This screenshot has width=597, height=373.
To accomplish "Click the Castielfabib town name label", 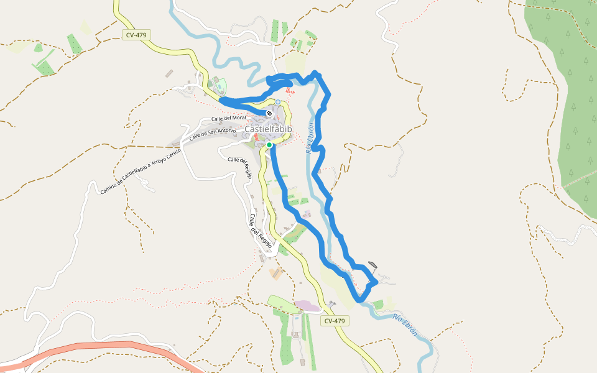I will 268,129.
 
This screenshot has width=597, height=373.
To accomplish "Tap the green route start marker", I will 269,145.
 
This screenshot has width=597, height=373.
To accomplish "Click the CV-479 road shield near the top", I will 136,35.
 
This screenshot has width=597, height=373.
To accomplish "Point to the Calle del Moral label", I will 229,118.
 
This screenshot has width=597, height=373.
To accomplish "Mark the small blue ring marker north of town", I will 278,102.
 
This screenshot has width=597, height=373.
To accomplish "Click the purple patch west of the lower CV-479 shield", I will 307,305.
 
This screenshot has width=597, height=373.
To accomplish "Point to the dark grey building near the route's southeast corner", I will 373,264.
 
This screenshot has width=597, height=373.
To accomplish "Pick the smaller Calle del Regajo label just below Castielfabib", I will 240,167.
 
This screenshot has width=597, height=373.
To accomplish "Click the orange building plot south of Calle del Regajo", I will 275,272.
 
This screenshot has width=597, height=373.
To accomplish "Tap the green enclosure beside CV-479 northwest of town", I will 220,87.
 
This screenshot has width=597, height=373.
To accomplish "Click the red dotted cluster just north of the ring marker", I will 290,91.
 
